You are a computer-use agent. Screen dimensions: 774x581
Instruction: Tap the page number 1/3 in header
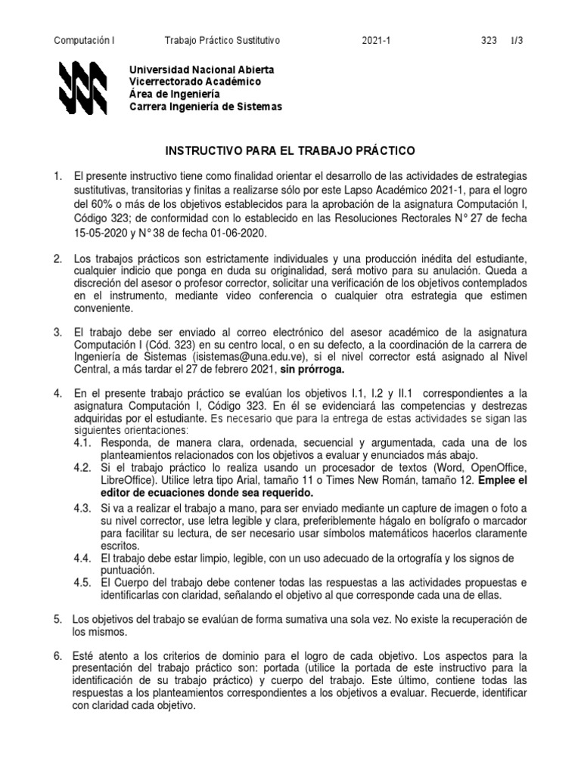[516, 40]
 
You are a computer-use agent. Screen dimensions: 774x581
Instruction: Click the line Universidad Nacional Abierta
[202, 70]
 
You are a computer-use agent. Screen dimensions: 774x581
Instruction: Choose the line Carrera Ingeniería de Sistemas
[206, 107]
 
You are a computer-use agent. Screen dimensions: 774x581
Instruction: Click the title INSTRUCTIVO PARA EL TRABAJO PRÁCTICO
[290, 151]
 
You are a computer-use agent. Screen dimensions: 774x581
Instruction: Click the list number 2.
[57, 259]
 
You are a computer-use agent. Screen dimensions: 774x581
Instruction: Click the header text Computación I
[85, 40]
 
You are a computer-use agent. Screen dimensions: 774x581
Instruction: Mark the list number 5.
[57, 619]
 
